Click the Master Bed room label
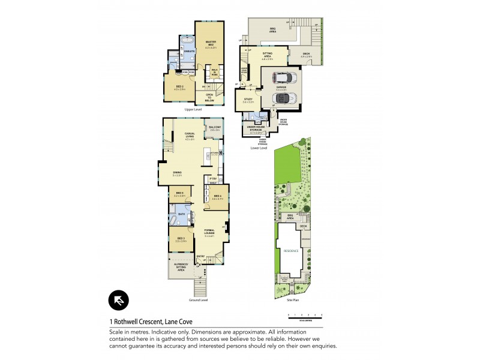(211, 43)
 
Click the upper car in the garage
(282, 77)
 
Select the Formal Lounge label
(209, 231)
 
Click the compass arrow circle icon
(118, 300)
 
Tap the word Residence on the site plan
(291, 251)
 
